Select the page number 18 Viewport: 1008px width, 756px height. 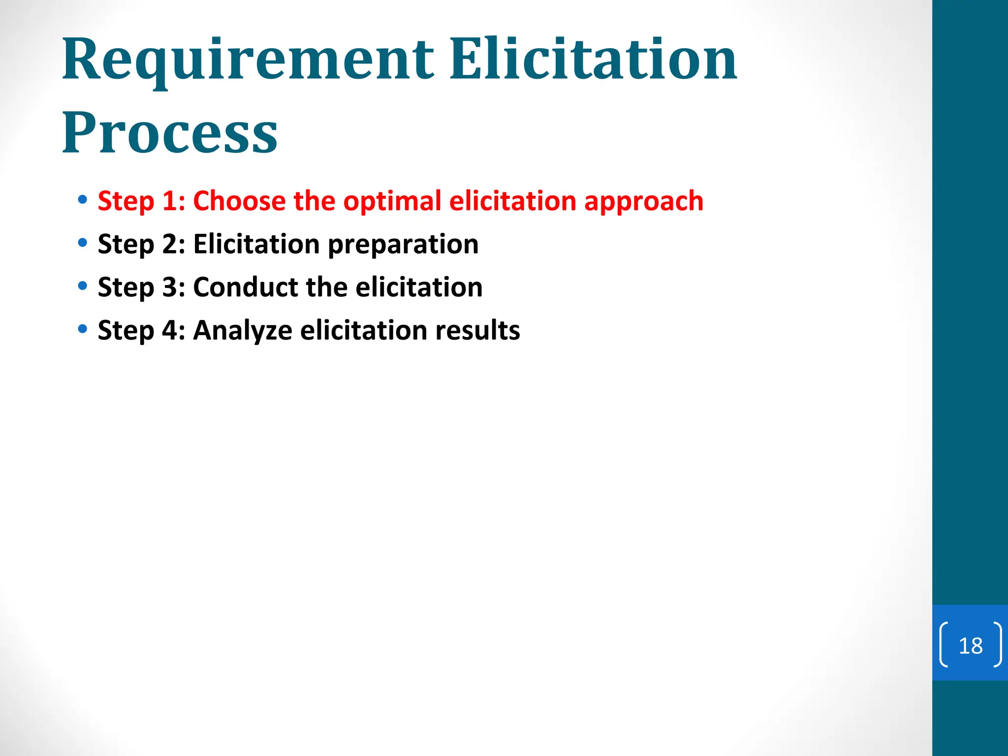(x=971, y=646)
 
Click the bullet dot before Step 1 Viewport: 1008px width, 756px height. (x=83, y=200)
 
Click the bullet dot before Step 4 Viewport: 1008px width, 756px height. (x=83, y=329)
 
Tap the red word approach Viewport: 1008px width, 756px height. (x=643, y=202)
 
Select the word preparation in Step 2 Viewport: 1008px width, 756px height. (x=403, y=245)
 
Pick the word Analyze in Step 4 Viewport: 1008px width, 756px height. (x=243, y=330)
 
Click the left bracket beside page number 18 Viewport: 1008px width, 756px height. (x=944, y=645)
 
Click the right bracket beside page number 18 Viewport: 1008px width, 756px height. (x=997, y=645)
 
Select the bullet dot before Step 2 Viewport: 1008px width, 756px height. (x=83, y=243)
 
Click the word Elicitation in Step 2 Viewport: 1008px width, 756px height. (x=256, y=244)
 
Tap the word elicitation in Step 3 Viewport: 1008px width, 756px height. (x=419, y=287)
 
